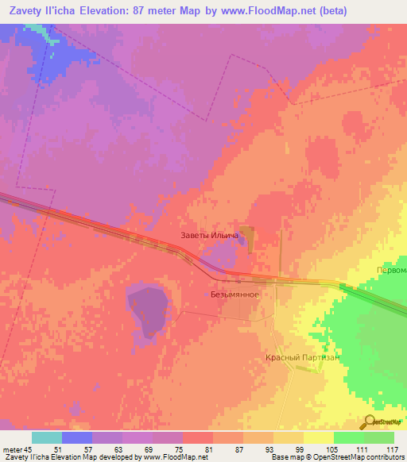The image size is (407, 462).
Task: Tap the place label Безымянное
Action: [235, 294]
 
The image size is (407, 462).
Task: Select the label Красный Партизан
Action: [302, 358]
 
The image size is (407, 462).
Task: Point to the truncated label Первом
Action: [390, 269]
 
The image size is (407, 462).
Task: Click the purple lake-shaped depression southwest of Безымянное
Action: [145, 310]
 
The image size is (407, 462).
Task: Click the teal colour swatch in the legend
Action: [47, 437]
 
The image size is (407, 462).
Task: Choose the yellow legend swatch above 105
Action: [319, 437]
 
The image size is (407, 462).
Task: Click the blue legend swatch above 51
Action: [77, 437]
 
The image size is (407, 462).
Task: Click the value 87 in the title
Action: [175, 10]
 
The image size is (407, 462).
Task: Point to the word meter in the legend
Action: [13, 449]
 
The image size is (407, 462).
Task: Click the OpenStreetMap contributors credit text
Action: [362, 457]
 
